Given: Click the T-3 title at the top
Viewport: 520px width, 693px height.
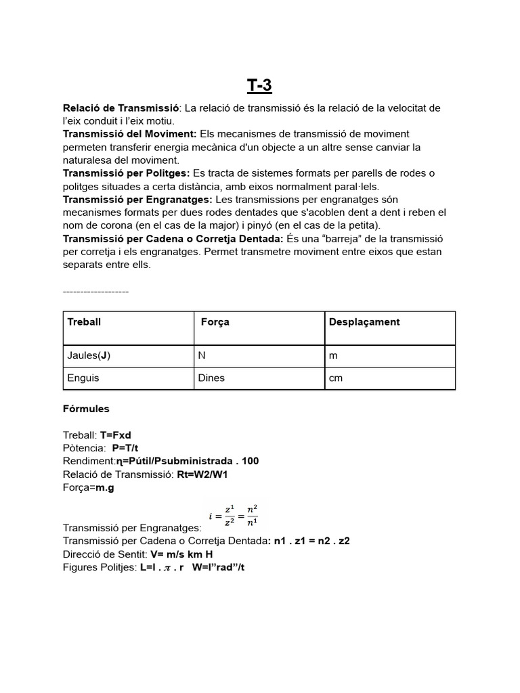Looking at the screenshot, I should click(260, 85).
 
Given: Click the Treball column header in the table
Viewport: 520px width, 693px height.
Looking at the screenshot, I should click(84, 322).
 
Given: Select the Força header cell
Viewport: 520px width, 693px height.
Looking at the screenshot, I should click(215, 322).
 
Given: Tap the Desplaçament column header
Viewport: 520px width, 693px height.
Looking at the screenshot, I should click(364, 322).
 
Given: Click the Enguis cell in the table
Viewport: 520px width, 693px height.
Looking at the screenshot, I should click(83, 378).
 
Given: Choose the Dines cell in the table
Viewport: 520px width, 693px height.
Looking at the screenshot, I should click(211, 378).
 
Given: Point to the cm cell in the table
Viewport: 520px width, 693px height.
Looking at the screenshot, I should click(336, 378).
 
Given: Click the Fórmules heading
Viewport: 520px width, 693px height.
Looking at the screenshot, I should click(86, 409).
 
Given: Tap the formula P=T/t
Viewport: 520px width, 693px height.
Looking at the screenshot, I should click(129, 448).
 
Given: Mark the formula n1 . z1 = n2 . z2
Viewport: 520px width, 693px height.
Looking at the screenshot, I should click(309, 541).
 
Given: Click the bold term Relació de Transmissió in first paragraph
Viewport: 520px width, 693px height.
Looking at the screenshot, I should click(121, 108).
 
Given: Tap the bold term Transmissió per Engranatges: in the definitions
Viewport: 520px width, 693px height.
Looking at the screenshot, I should click(137, 199).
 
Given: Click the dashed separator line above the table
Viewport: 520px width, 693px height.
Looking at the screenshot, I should click(95, 291).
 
